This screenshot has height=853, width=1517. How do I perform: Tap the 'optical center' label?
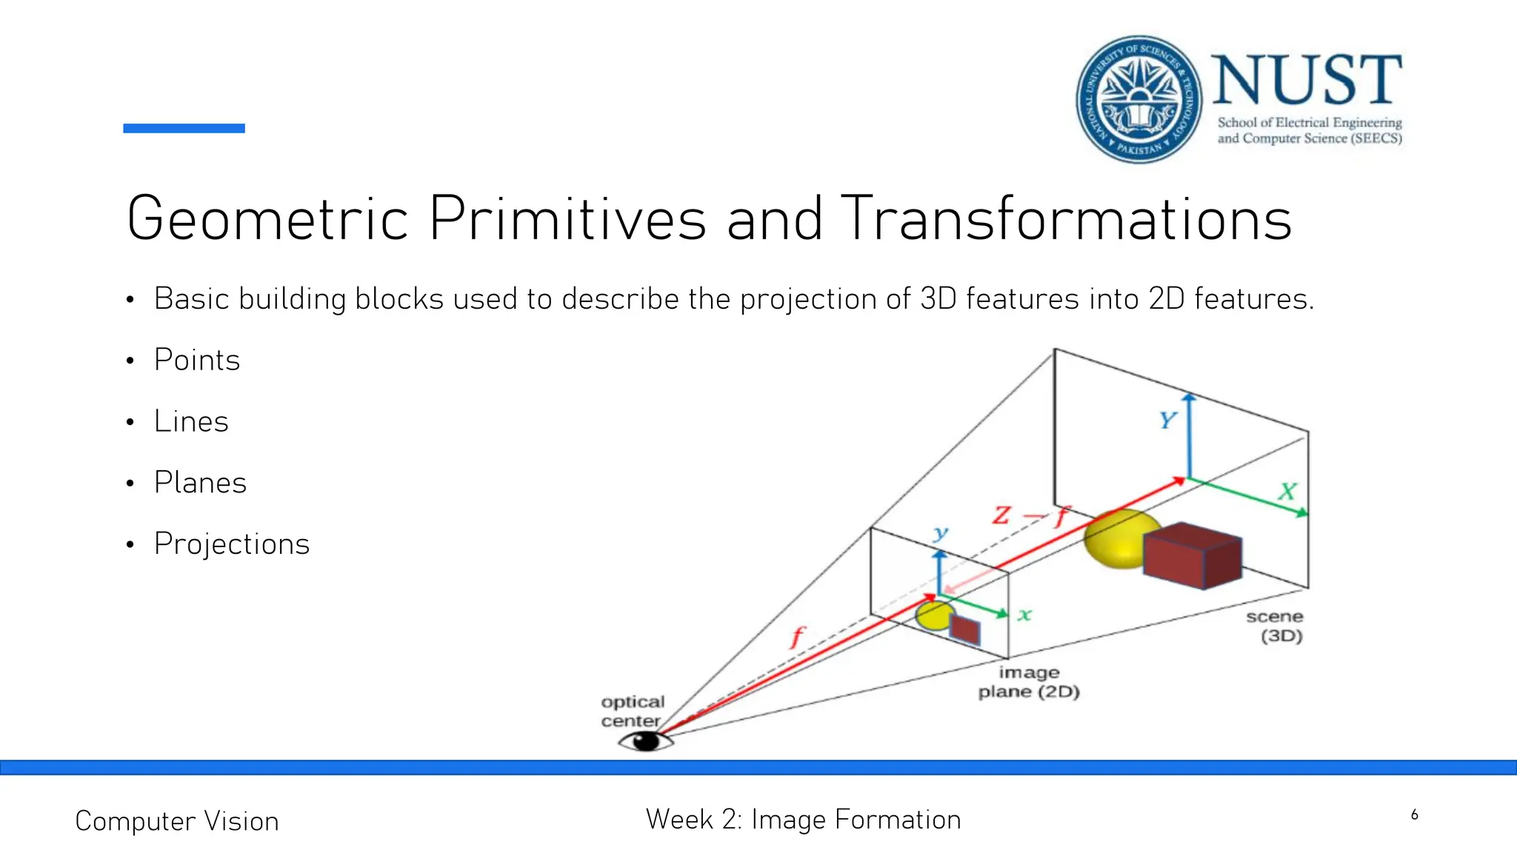click(632, 711)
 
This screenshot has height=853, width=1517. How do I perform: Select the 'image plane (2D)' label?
click(1029, 682)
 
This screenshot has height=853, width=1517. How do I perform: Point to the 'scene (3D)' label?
click(1276, 626)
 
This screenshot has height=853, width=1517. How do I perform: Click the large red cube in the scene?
click(1192, 555)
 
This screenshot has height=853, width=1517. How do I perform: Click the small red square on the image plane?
click(964, 629)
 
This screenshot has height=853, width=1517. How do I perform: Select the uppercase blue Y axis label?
click(1167, 421)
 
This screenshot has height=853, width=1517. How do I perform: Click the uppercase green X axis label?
click(1287, 491)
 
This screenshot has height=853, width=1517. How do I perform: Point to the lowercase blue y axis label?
click(941, 532)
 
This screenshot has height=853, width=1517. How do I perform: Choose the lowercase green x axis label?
click(1024, 615)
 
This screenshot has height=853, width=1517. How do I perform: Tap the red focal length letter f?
click(797, 637)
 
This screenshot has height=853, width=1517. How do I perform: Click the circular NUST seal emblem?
click(1139, 99)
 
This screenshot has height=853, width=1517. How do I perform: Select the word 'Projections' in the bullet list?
click(232, 544)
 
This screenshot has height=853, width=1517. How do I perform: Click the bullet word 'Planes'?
click(200, 483)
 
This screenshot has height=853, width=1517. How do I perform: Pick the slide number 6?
click(1414, 815)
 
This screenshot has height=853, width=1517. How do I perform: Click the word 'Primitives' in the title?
click(567, 219)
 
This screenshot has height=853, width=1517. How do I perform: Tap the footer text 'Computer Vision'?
click(177, 821)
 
